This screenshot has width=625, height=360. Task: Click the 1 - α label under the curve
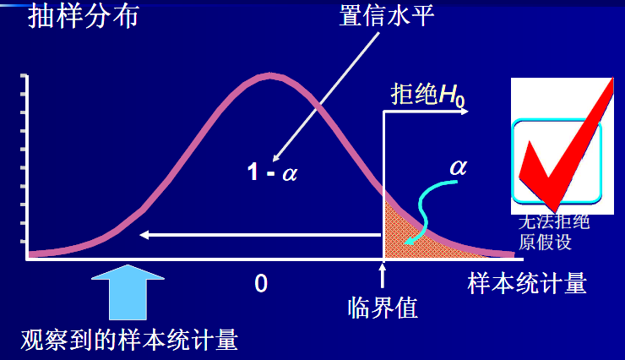272,173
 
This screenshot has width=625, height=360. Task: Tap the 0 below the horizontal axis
261,284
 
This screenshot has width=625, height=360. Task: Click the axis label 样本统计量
527,283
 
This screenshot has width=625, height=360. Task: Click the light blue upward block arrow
128,292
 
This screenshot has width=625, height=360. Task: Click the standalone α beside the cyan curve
458,166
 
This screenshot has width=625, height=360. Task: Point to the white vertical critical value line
385,186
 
